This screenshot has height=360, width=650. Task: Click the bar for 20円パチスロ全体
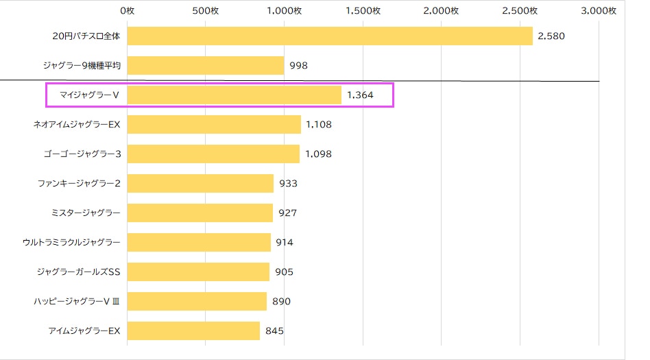330,36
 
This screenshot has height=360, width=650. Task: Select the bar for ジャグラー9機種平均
206,66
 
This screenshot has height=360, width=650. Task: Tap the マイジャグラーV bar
234,95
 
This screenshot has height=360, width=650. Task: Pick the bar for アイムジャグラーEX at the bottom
193,331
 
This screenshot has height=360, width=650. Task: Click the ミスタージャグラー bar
200,213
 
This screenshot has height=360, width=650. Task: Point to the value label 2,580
551,36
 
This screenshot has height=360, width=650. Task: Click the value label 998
298,66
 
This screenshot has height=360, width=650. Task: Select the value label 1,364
360,95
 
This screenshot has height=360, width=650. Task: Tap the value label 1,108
318,124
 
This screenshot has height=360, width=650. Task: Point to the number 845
274,331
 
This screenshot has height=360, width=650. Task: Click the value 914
285,242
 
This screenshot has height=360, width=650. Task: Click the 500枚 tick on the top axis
205,11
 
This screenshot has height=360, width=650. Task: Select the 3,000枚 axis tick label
598,11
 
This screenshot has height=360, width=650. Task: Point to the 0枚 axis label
128,11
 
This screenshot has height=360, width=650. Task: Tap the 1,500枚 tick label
363,11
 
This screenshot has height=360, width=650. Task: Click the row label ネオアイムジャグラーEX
77,124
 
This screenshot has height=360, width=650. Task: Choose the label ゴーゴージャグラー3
82,154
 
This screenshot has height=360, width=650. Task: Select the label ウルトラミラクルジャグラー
71,242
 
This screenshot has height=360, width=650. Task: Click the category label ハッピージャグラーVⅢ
77,302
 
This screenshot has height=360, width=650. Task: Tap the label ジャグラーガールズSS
78,272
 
